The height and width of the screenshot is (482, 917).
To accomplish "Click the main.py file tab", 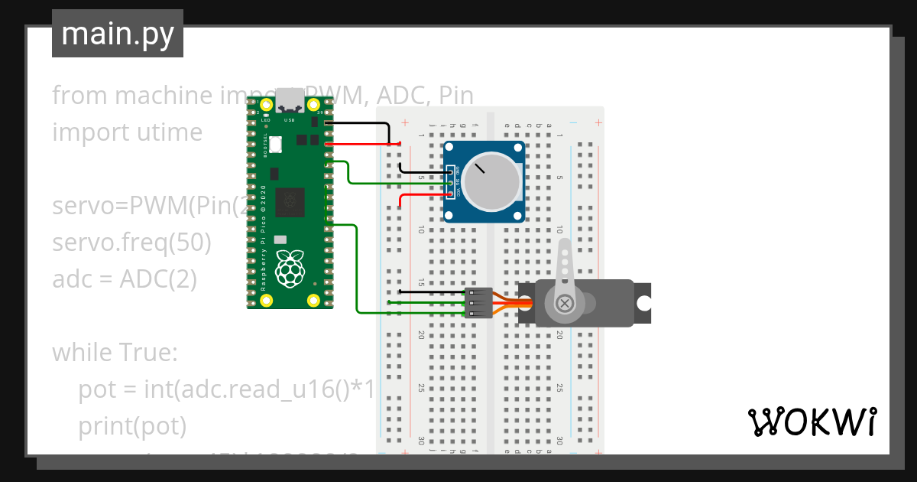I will coord(118,34).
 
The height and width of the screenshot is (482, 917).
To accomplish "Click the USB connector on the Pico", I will coord(290,99).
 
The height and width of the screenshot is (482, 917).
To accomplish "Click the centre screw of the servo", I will coord(565,303).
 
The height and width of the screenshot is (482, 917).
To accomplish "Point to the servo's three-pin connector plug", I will coord(478,303).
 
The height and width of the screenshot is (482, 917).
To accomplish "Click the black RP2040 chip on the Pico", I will coord(290,202).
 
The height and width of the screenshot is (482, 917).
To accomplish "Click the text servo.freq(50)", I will coord(131,243).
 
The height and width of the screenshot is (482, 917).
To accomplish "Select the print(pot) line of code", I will coord(132,426).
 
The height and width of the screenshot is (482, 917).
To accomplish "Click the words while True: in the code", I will coord(115,353).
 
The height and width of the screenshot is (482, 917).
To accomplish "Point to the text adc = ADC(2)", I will coord(125,279).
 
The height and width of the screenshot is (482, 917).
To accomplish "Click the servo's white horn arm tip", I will coord(565,246).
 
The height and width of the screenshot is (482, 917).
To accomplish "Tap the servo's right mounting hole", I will coord(643,303).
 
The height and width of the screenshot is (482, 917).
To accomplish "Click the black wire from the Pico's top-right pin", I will coord(359,122).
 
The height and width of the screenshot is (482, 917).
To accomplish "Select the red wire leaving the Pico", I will coord(359,143).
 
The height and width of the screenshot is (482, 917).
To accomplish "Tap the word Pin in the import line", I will coord(456,96).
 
